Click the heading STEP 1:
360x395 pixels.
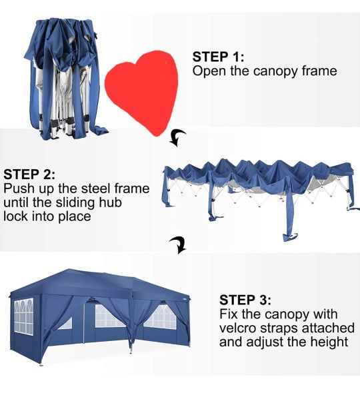click(x=218, y=57)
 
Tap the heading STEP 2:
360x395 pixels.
click(x=29, y=175)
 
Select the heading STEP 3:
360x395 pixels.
click(x=245, y=300)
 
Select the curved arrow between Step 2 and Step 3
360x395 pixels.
click(x=178, y=244)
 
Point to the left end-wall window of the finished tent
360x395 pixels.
click(x=24, y=316)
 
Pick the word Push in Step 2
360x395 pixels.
click(x=17, y=189)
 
